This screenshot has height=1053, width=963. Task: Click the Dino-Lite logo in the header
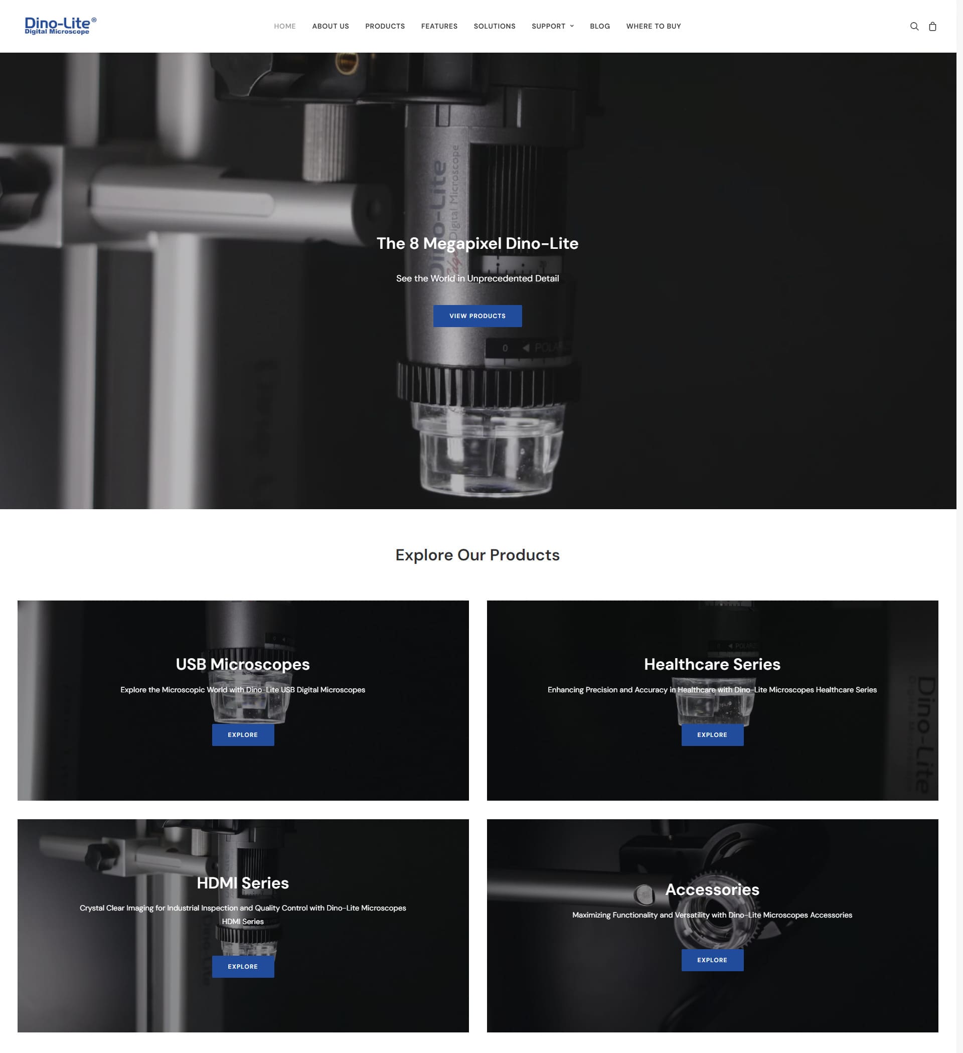coord(61,26)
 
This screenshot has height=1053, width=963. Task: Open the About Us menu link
coord(331,26)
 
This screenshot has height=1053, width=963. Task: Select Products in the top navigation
coord(385,26)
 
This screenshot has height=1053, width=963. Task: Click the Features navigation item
coord(439,26)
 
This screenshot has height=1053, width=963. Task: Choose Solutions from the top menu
coord(495,26)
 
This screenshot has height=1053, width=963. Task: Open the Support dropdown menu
coord(553,26)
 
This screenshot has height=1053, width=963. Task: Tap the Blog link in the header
coord(600,26)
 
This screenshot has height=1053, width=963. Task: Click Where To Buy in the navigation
coord(654,26)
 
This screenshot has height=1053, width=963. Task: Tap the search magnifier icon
coord(914,26)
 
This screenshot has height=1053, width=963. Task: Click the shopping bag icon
coord(933,26)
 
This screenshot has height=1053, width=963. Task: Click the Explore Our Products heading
coord(477,555)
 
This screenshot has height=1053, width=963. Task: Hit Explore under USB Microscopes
coord(243,734)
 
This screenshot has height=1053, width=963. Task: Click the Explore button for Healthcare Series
coord(712,734)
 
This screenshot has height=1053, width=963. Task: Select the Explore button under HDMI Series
coord(243,966)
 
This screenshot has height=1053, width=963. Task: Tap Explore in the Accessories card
coord(712,960)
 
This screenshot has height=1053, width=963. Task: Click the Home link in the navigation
coord(284,26)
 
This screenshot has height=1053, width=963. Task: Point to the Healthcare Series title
coord(712,664)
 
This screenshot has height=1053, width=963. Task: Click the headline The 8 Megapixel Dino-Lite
coord(477,243)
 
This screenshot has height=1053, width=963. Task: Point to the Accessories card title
coord(712,889)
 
